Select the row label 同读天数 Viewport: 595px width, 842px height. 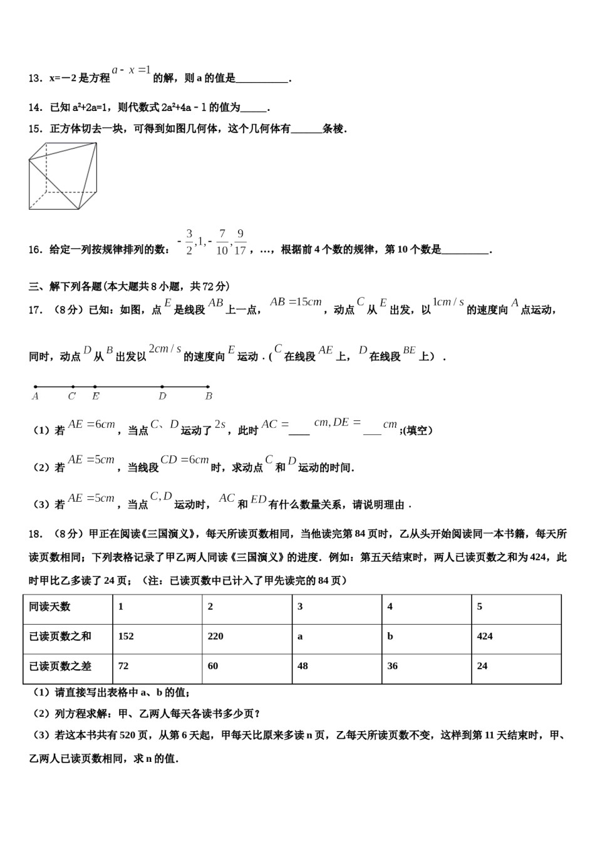click(50, 606)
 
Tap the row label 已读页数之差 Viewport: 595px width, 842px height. click(60, 666)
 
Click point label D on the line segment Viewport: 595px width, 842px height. click(162, 396)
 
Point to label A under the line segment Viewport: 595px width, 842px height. click(35, 396)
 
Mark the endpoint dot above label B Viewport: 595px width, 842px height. click(209, 387)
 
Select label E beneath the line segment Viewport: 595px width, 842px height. click(95, 396)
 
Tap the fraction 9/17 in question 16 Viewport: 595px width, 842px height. click(241, 242)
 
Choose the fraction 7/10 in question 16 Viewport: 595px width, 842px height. click(222, 242)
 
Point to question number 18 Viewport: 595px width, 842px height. click(35, 534)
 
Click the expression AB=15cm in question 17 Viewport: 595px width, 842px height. click(296, 302)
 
